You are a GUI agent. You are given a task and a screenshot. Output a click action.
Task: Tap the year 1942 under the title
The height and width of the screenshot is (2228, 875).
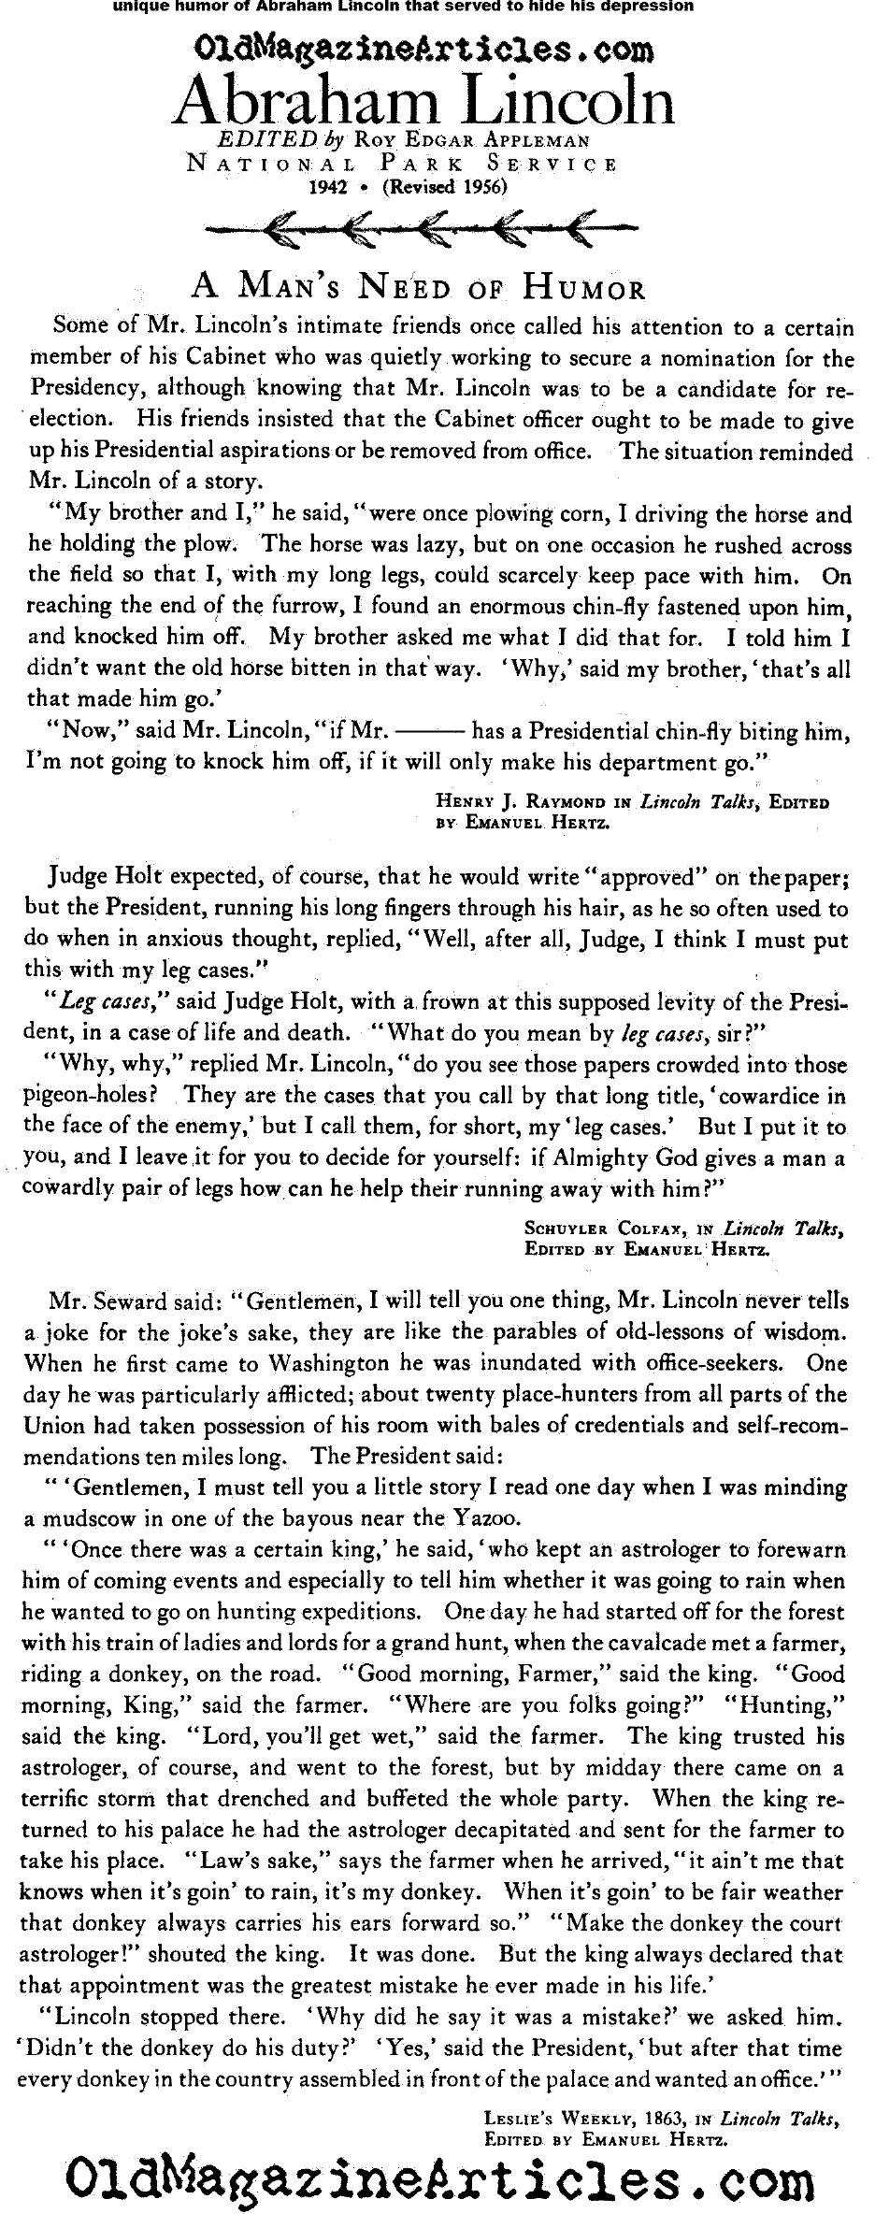(329, 186)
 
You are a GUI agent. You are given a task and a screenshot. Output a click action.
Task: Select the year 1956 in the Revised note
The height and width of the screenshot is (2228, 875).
(476, 186)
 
